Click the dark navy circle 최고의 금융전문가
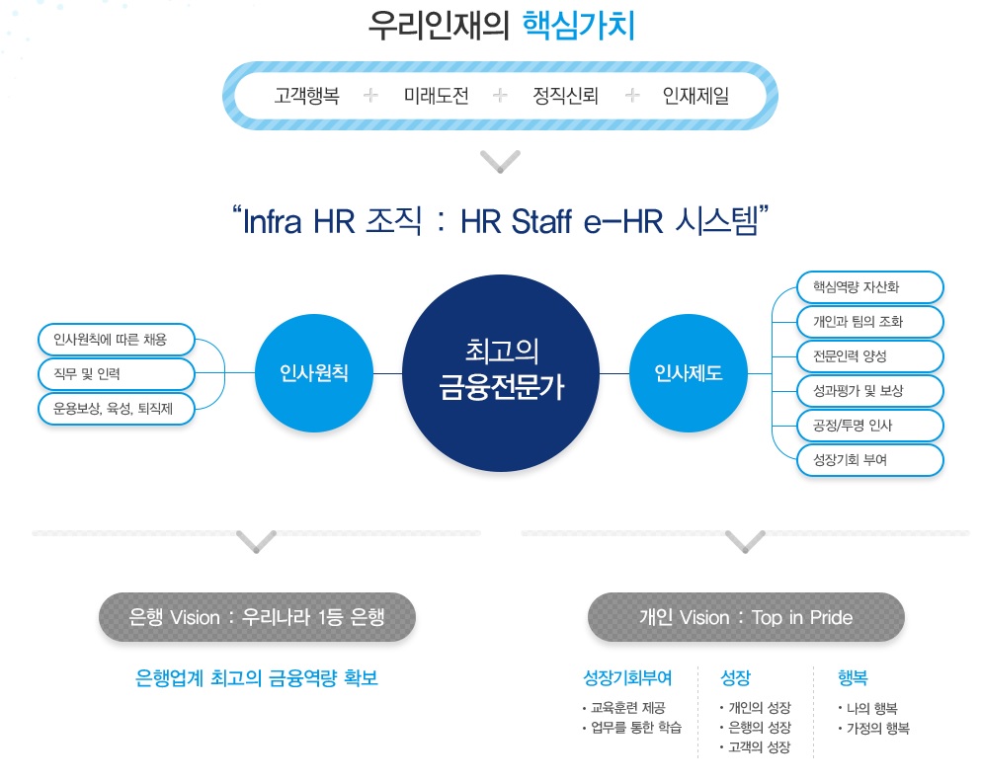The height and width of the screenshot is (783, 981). (x=501, y=372)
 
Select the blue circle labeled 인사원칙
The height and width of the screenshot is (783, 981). (x=314, y=372)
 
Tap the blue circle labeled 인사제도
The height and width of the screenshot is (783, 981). (x=689, y=372)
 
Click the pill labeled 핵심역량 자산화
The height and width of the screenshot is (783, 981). (x=869, y=287)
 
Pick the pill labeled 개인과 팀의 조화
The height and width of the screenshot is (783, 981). (x=869, y=322)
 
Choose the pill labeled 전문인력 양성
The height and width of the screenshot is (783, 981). (x=869, y=356)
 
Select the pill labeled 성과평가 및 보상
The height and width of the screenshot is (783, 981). (x=869, y=391)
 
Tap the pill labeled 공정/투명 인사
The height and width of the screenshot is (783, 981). (x=869, y=426)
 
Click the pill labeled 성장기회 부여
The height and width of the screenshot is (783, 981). (x=869, y=460)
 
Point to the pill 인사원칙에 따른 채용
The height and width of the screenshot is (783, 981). (x=117, y=340)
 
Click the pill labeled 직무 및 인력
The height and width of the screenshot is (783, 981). (x=117, y=374)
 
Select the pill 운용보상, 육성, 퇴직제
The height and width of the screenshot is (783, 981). (x=117, y=409)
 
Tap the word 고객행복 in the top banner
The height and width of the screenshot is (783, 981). (x=306, y=96)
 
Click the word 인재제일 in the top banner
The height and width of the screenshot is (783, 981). (x=695, y=96)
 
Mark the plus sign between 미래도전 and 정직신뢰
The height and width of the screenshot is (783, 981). (x=501, y=95)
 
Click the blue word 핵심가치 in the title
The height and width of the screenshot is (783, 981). (x=579, y=26)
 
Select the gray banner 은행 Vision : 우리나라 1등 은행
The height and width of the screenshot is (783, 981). (x=257, y=617)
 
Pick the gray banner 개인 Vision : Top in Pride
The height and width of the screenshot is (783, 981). (x=747, y=617)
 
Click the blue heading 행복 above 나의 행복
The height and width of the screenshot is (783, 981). (x=853, y=677)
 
